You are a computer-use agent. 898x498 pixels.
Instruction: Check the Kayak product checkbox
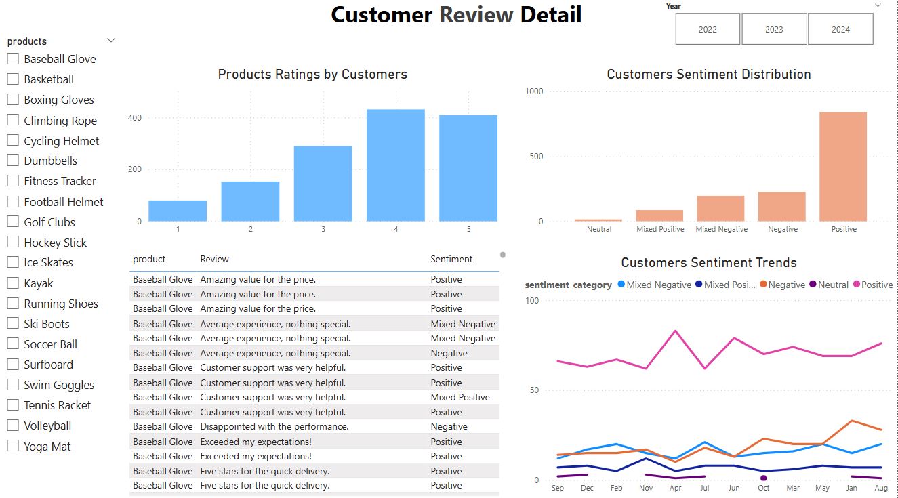(13, 283)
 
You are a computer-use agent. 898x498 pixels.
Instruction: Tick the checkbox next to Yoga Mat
(13, 446)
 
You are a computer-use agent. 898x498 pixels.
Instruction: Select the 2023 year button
(774, 29)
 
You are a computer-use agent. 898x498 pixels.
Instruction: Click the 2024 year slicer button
(840, 29)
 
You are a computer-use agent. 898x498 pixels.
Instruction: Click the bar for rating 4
(396, 165)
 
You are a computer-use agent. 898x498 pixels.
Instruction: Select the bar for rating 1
(178, 211)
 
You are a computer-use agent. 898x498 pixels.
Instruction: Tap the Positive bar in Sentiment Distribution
(843, 167)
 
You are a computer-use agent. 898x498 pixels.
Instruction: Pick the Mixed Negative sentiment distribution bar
(721, 208)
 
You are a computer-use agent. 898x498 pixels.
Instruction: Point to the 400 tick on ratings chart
(135, 118)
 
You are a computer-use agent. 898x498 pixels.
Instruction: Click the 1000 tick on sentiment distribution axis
(534, 91)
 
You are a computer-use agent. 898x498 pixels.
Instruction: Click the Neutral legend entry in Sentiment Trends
(829, 285)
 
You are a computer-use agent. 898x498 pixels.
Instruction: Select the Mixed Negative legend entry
(655, 285)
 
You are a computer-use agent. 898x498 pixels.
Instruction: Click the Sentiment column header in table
(451, 260)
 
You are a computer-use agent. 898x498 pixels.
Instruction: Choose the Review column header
(214, 260)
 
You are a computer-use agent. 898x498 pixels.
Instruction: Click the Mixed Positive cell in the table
(460, 397)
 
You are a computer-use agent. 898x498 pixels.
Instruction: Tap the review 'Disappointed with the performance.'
(274, 426)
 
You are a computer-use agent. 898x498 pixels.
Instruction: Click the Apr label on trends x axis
(676, 488)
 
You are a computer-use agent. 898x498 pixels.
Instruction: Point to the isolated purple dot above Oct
(763, 478)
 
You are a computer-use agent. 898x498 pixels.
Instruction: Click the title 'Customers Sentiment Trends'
(709, 262)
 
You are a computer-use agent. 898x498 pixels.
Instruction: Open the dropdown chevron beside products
(111, 41)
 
